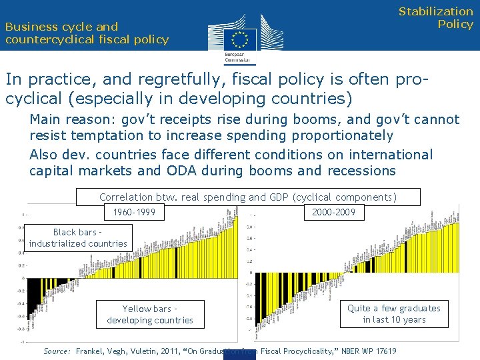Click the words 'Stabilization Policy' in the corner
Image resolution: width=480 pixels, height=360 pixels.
click(436, 18)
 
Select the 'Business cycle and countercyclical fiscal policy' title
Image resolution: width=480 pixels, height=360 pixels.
click(87, 33)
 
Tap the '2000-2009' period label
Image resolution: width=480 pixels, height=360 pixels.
click(334, 213)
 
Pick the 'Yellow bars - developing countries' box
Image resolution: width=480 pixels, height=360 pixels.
click(149, 315)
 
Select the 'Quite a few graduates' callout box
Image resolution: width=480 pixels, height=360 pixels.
click(394, 314)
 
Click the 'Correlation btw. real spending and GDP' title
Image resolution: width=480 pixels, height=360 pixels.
click(247, 197)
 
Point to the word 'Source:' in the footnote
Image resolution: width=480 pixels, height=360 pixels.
click(57, 351)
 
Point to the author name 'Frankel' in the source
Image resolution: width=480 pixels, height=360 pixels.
click(92, 351)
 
